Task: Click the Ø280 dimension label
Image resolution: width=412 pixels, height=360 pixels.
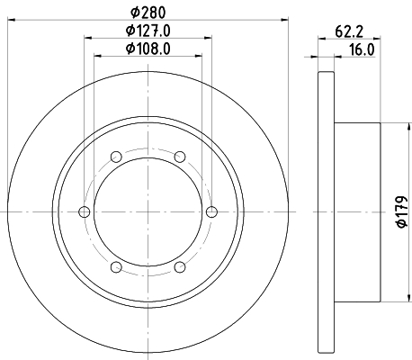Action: (x=148, y=13)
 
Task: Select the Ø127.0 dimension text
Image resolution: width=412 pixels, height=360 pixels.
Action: (x=148, y=31)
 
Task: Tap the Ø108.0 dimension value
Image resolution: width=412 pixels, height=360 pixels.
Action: (x=148, y=49)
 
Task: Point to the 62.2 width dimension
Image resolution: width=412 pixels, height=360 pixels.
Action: (x=349, y=31)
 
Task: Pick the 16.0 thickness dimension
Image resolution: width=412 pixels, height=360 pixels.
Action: (x=362, y=49)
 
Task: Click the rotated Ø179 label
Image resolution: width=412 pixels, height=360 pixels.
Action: (x=402, y=211)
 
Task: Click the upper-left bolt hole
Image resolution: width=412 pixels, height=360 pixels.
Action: (x=116, y=157)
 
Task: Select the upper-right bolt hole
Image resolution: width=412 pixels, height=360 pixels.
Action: (x=180, y=157)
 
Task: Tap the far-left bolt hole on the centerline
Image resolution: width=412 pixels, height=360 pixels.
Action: (x=85, y=211)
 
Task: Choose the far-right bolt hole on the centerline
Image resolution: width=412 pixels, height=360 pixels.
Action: (x=211, y=211)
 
